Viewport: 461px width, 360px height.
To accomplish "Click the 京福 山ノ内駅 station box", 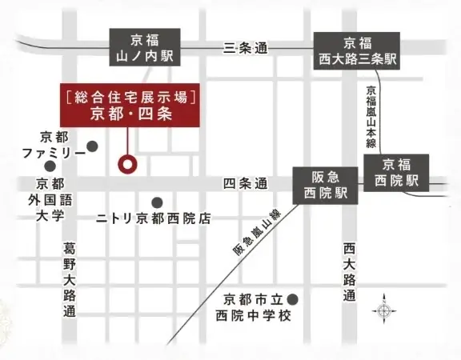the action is click(x=144, y=49).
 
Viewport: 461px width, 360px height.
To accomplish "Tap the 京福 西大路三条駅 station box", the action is click(x=358, y=50).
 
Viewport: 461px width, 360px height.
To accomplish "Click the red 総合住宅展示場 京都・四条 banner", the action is click(x=129, y=106).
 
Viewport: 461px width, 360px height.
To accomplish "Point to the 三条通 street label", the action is click(x=246, y=48).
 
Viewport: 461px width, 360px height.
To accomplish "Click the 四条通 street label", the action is click(x=246, y=184).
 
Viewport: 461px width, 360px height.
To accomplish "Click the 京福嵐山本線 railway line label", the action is click(x=371, y=116).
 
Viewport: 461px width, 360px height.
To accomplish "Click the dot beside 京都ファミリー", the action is click(x=93, y=146).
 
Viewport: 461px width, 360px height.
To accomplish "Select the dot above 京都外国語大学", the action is click(x=50, y=166).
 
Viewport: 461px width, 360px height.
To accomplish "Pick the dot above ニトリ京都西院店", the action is click(x=157, y=202).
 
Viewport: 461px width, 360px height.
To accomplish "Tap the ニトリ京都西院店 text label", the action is click(x=154, y=218).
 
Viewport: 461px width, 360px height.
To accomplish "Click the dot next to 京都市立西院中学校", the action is click(x=293, y=299).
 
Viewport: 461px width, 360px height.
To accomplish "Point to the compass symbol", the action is click(x=384, y=310).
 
